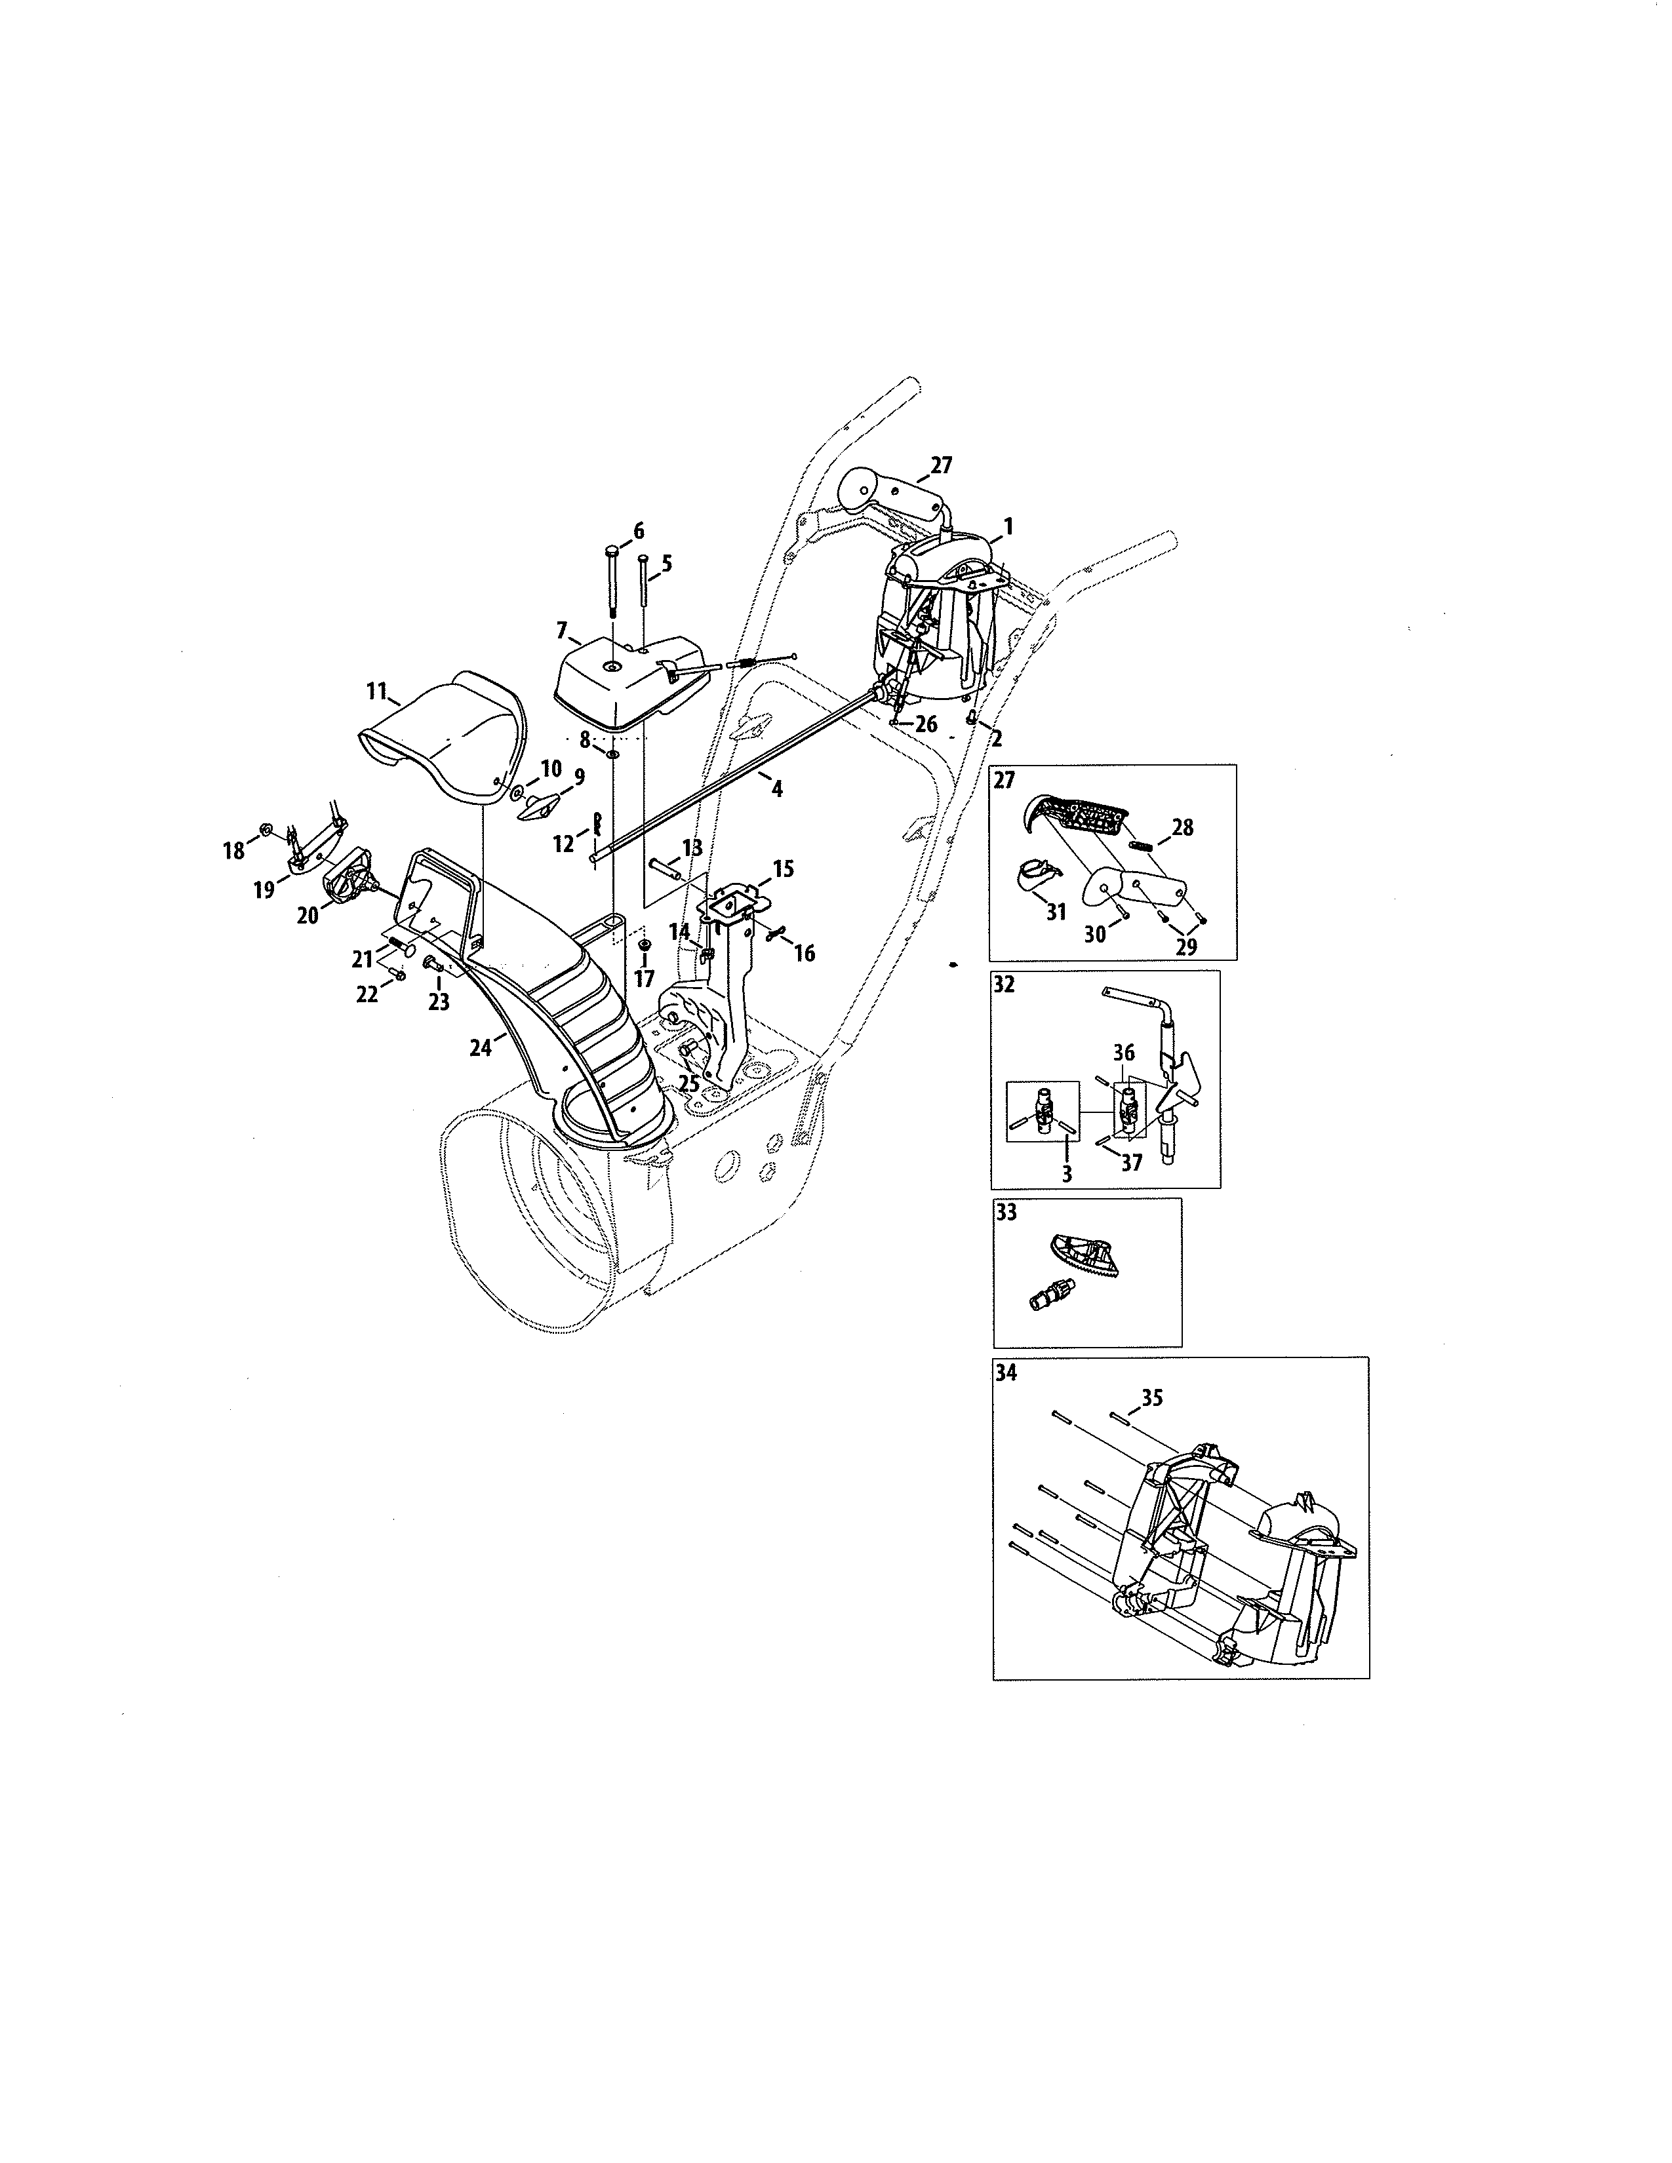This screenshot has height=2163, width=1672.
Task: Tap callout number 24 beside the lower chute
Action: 481,1047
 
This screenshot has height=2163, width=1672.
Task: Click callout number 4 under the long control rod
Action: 776,789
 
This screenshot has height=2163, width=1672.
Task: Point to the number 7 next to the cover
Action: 562,630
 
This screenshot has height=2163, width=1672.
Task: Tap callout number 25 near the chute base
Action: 689,1083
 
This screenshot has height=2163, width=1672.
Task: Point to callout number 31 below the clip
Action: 1056,911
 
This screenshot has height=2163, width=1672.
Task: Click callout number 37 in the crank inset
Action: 1131,1161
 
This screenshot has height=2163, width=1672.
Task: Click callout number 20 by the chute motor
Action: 308,915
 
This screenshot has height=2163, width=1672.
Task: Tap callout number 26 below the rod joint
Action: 925,724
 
